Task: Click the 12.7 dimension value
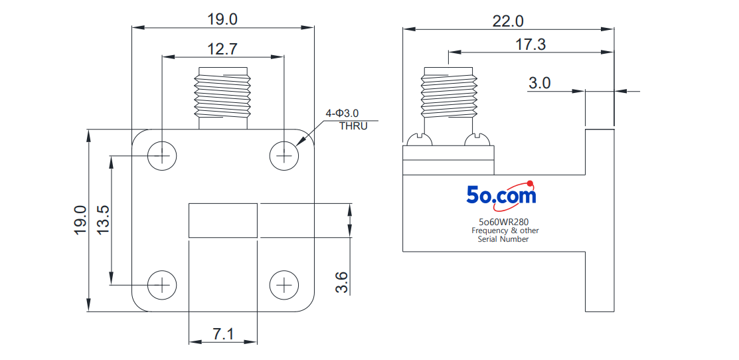222,48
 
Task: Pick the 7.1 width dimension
222,334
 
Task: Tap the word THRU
353,126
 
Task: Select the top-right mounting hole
284,156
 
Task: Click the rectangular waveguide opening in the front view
223,220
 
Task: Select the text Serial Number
503,239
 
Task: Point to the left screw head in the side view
420,140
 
